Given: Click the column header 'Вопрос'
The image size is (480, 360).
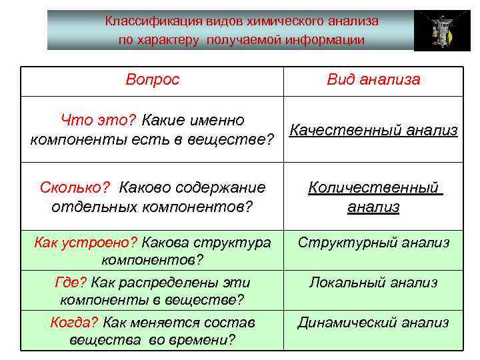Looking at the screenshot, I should pyautogui.click(x=153, y=80).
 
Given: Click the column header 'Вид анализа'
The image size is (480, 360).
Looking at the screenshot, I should pyautogui.click(x=373, y=80).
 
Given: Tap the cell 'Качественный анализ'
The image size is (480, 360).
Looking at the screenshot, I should pyautogui.click(x=374, y=130).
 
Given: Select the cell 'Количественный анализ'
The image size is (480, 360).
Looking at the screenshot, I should pyautogui.click(x=374, y=197).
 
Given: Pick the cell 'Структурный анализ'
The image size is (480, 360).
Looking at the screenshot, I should pyautogui.click(x=373, y=243).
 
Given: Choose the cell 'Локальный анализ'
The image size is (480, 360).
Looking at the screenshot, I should pyautogui.click(x=373, y=283).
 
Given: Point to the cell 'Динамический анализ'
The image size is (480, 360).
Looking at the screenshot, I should pyautogui.click(x=373, y=323).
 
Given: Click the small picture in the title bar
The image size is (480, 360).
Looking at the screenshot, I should pyautogui.click(x=437, y=31).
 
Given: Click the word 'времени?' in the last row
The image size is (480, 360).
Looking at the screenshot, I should pyautogui.click(x=207, y=340).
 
